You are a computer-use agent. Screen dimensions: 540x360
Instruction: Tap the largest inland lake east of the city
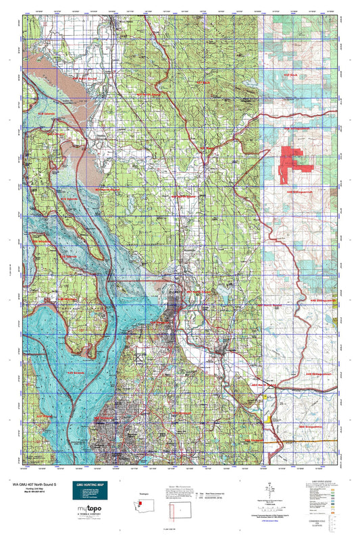coord(221,294)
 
